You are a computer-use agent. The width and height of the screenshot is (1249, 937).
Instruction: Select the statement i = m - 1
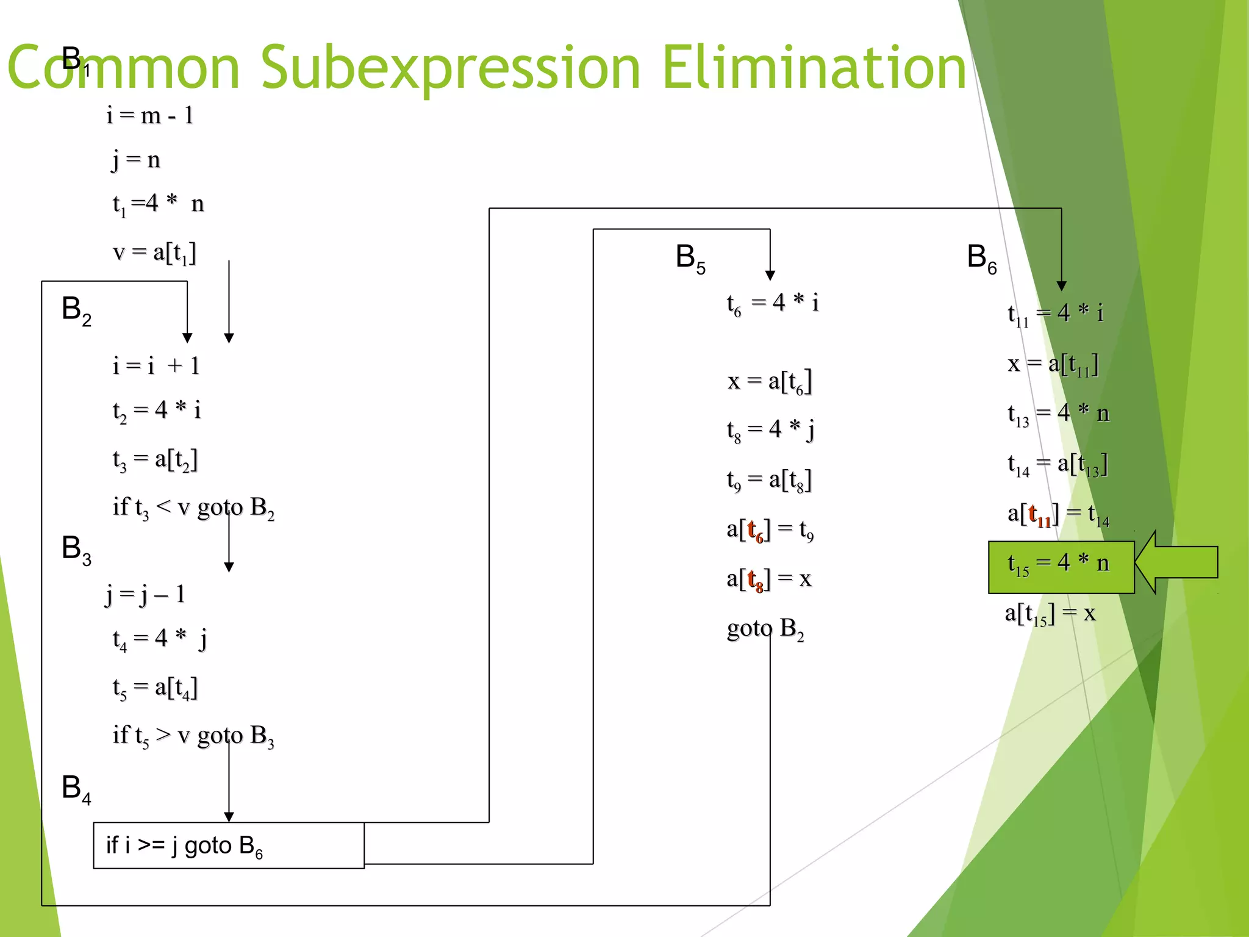click(150, 115)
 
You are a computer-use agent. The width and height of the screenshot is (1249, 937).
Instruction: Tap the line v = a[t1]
click(155, 252)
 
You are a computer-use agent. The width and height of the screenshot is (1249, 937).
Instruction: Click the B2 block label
click(76, 310)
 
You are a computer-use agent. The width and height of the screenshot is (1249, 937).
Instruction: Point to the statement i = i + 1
click(156, 365)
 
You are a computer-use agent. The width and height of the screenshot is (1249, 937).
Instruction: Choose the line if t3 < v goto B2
click(193, 508)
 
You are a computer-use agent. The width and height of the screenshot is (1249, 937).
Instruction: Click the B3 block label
click(76, 549)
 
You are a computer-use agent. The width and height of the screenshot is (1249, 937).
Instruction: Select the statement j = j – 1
click(145, 594)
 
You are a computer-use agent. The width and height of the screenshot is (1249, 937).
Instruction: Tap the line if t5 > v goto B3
click(193, 736)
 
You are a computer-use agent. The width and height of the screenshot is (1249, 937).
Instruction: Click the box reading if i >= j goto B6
click(229, 845)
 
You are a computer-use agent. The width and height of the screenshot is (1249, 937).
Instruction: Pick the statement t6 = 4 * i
click(772, 303)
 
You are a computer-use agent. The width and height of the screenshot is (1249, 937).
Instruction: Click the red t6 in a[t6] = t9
click(756, 530)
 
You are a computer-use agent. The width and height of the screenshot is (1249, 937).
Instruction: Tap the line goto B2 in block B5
click(765, 629)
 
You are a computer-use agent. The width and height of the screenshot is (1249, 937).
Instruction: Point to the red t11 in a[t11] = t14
click(1040, 515)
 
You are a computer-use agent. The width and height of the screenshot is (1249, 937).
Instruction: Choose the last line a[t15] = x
click(1050, 614)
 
